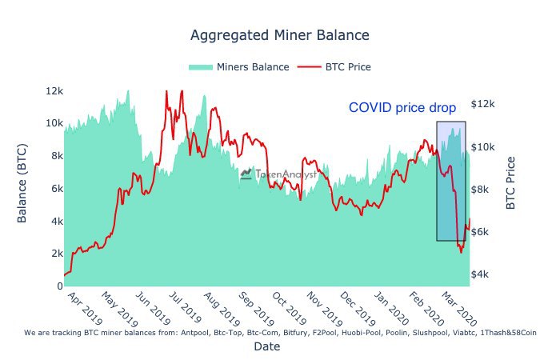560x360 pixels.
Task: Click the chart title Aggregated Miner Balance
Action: [279, 36]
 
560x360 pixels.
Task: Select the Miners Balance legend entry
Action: [239, 67]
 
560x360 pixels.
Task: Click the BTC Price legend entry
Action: [336, 67]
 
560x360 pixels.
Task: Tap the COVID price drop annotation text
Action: [402, 107]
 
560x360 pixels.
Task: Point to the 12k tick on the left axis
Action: [54, 90]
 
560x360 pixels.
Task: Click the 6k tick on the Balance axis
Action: [54, 188]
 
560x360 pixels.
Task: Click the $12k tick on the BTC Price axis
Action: [483, 105]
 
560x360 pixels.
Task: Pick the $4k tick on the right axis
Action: [483, 274]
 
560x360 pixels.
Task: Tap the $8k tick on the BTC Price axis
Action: [483, 190]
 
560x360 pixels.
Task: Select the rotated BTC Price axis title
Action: [511, 182]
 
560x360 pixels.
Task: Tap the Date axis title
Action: [266, 346]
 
